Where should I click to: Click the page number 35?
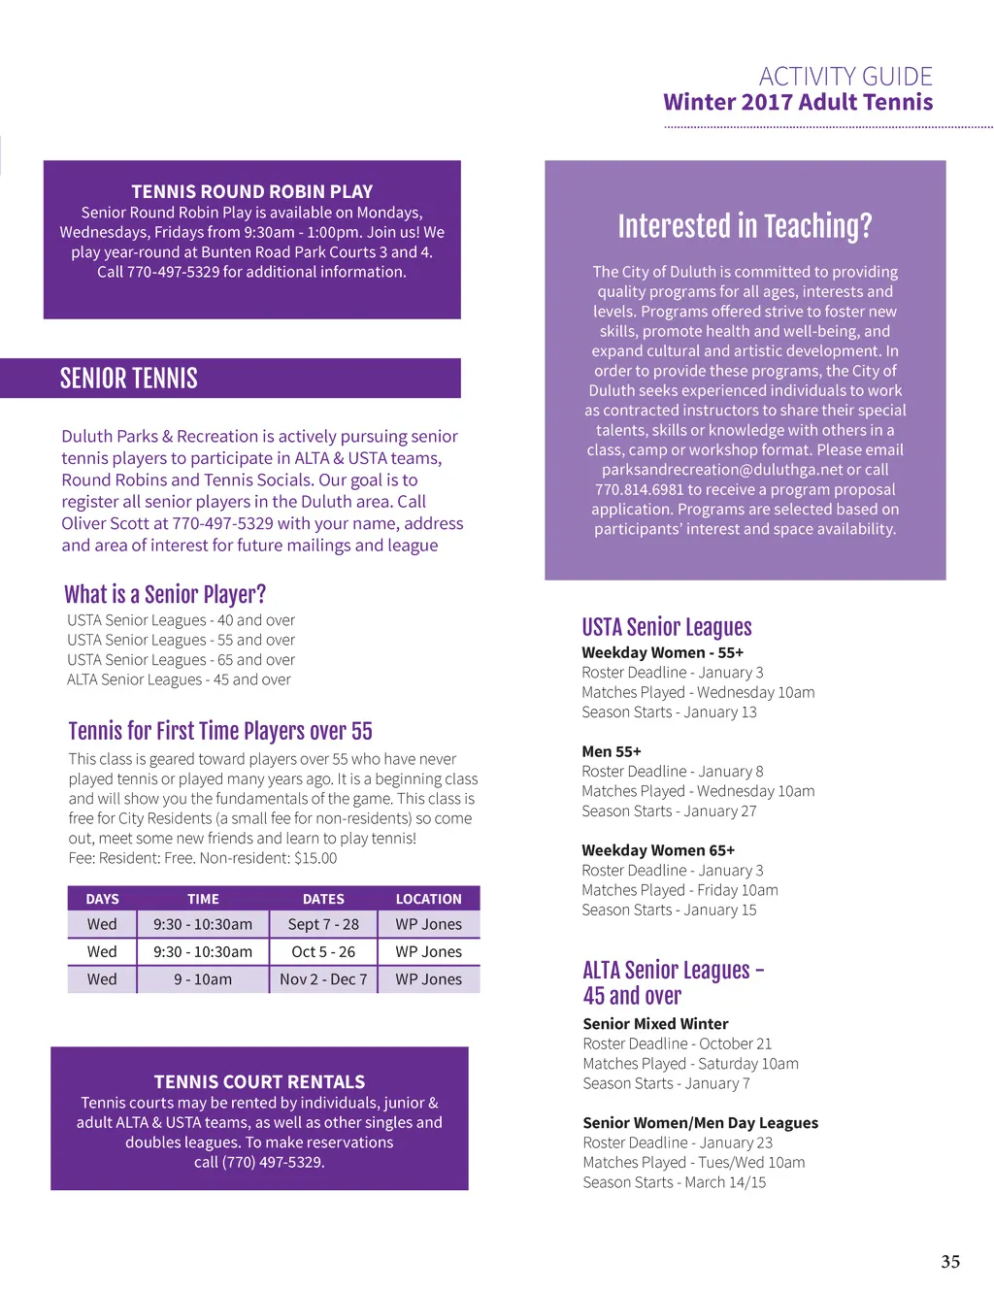[950, 1261]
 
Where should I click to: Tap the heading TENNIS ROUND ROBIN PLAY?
[252, 191]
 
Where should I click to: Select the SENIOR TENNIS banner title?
[129, 379]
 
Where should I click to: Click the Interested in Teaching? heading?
[745, 226]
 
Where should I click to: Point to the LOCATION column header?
[428, 899]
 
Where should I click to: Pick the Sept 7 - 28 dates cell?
[323, 924]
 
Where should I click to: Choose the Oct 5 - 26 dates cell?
[323, 952]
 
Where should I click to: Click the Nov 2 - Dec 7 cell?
[323, 979]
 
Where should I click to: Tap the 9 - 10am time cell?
[203, 979]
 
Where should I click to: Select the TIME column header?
[203, 899]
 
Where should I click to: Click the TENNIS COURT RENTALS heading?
[259, 1081]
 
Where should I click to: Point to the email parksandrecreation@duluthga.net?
[722, 470]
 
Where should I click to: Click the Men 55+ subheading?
[612, 751]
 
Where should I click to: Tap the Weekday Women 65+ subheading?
[658, 850]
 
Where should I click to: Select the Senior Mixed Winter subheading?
[655, 1023]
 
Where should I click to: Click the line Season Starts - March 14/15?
[675, 1182]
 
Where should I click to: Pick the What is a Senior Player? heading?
[165, 594]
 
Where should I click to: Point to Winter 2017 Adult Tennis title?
[798, 102]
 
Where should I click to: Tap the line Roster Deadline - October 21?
[678, 1043]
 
